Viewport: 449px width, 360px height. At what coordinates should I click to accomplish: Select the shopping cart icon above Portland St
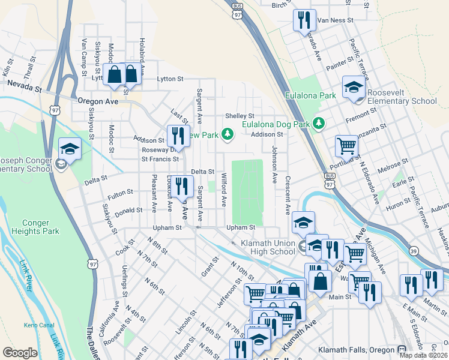point(346,145)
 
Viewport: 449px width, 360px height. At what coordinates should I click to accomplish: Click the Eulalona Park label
point(310,95)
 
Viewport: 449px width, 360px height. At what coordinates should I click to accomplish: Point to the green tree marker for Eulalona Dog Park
point(319,124)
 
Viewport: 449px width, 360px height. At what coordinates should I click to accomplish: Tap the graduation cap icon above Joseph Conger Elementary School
point(70,148)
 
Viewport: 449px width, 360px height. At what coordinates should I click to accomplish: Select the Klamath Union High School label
point(268,247)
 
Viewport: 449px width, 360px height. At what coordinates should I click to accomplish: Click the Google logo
point(20,353)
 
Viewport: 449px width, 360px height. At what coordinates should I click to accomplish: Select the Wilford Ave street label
point(224,190)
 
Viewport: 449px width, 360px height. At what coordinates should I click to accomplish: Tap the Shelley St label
point(240,116)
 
